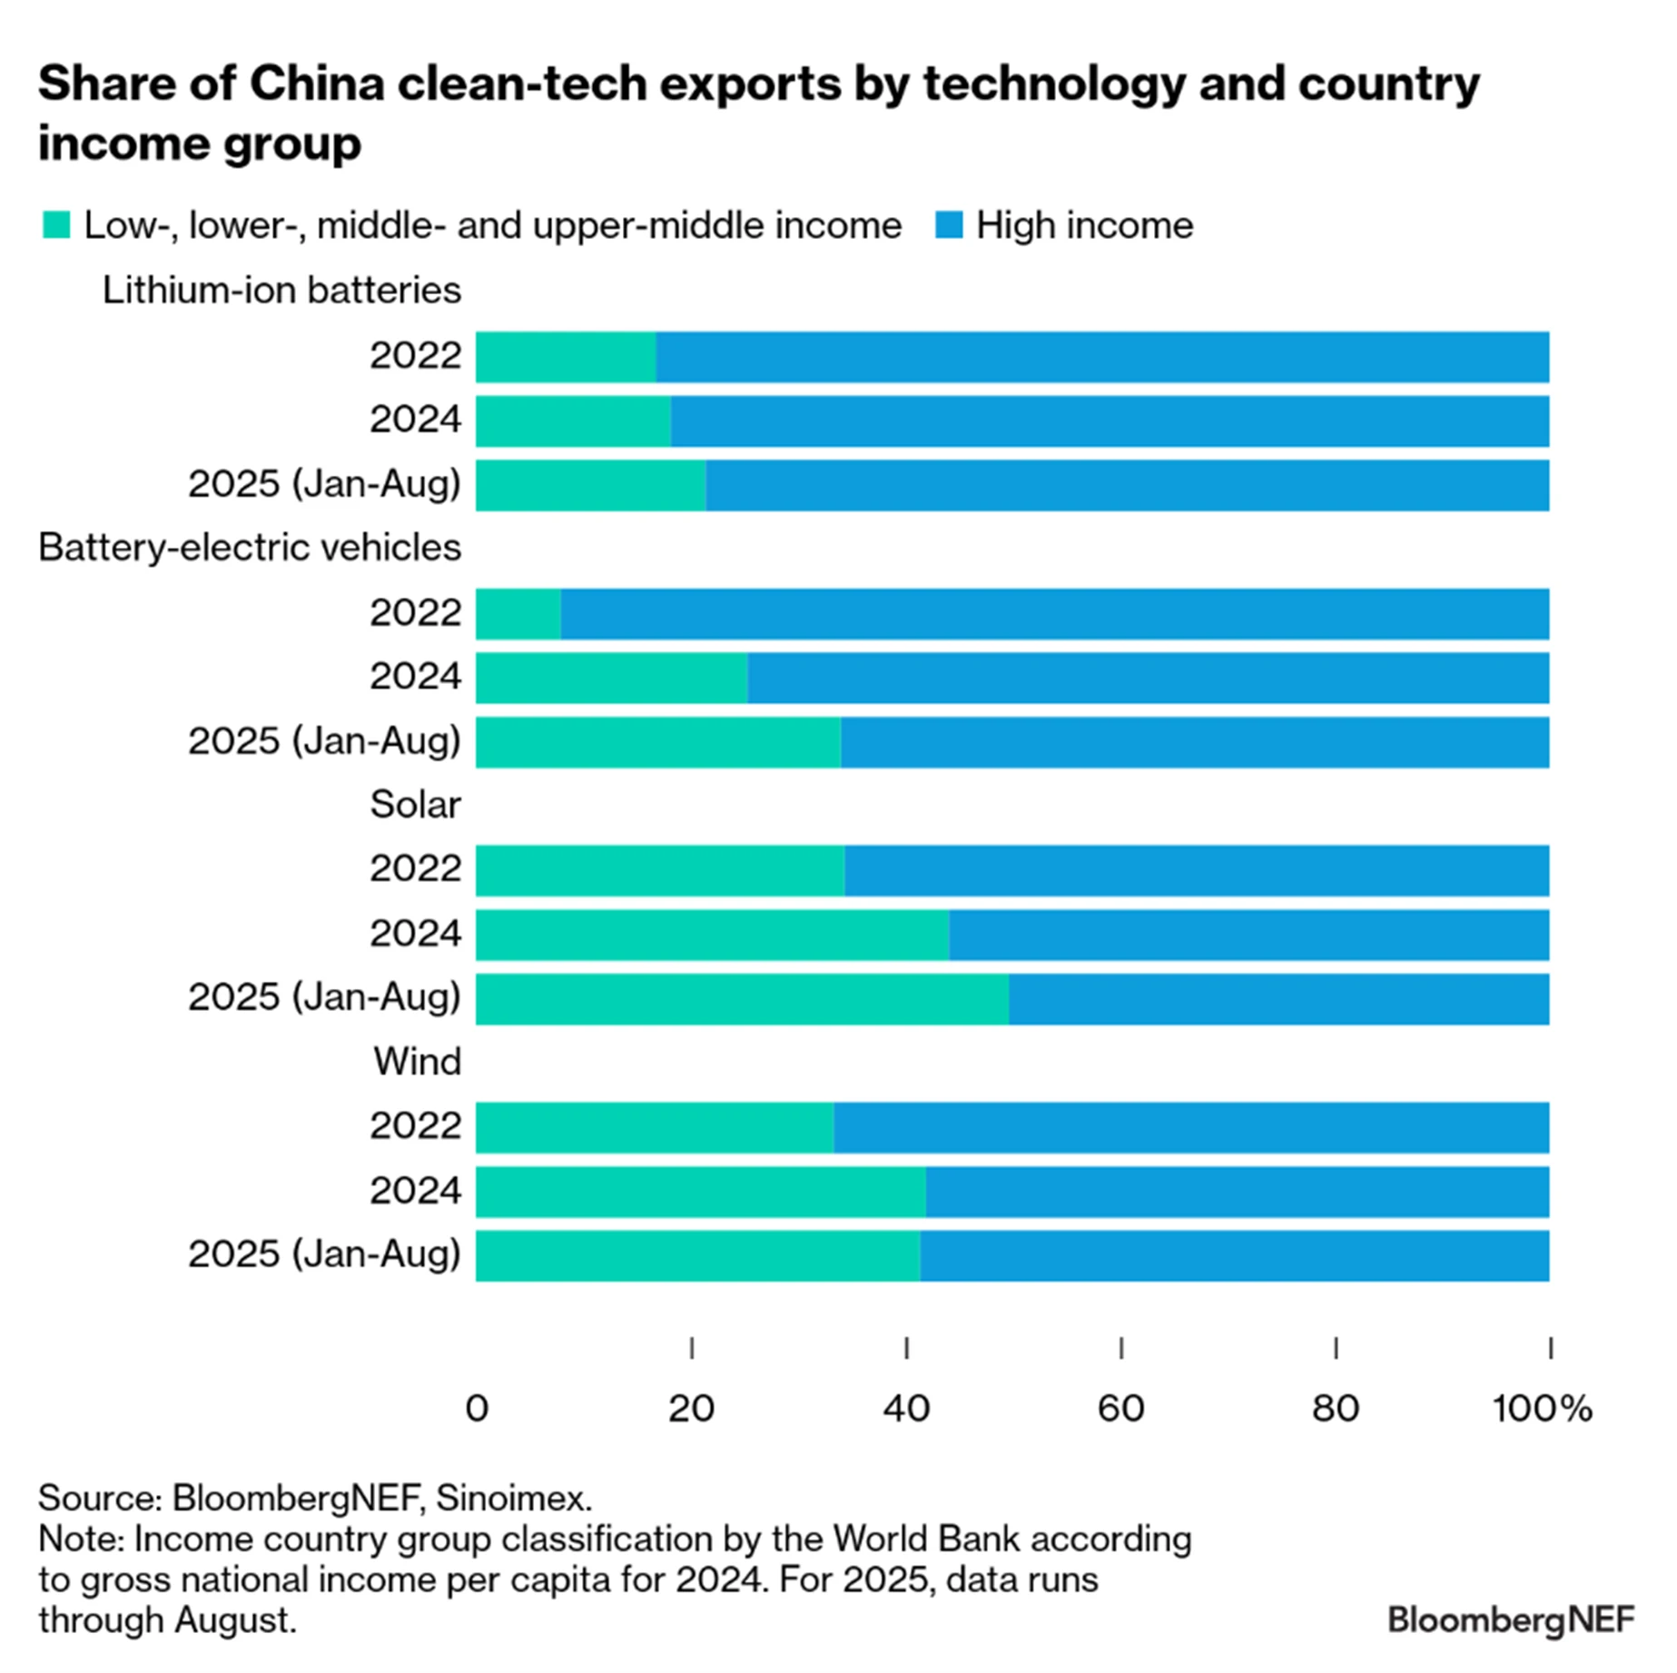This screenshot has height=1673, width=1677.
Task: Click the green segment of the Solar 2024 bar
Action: [x=712, y=935]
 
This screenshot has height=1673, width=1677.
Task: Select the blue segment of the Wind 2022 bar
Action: [x=1190, y=1127]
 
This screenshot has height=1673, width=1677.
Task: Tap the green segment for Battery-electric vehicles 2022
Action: [x=518, y=614]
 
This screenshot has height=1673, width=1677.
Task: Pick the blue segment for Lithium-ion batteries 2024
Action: [x=1110, y=421]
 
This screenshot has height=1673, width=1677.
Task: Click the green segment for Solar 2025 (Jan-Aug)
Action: [x=742, y=999]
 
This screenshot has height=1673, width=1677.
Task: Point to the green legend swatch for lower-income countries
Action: [x=56, y=225]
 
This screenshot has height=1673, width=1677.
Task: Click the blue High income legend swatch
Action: [x=949, y=225]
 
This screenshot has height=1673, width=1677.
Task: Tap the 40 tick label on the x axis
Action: [x=906, y=1409]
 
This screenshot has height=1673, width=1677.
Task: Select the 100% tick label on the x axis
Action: [x=1542, y=1409]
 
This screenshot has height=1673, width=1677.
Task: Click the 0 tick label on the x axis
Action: [x=477, y=1409]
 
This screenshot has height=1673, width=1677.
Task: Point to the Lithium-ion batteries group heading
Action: [x=281, y=291]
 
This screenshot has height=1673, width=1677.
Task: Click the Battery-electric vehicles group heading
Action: [x=250, y=548]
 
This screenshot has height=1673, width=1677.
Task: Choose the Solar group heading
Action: [x=415, y=805]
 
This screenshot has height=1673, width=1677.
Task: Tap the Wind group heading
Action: [x=417, y=1062]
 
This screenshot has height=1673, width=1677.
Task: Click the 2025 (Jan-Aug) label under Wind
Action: [x=324, y=1254]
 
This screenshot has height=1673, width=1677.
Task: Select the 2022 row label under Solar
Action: [x=415, y=869]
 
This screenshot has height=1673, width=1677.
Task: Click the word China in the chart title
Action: [x=317, y=84]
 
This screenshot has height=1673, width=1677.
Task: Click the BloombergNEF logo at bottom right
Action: [x=1511, y=1619]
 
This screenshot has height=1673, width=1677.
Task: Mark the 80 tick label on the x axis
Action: [x=1336, y=1409]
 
